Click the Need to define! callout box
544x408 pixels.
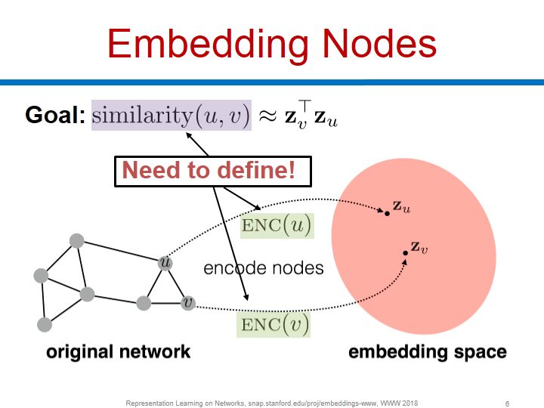215,170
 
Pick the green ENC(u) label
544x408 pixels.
276,225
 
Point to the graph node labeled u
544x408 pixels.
165,263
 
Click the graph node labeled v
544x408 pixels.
187,302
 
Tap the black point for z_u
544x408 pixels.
387,214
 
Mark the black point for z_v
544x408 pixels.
405,252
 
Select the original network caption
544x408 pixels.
119,351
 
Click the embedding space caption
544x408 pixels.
427,351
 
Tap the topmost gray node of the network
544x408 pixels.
76,241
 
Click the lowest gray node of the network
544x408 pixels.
45,324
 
